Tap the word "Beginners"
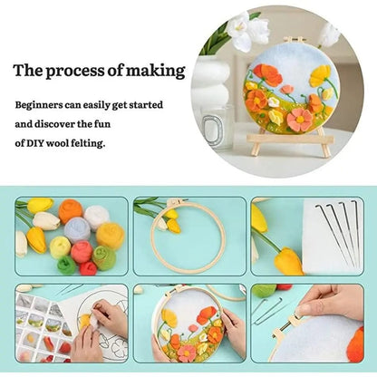click(44, 103)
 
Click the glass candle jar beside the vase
click(217, 126)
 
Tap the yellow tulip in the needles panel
click(288, 261)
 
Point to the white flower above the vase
click(246, 32)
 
